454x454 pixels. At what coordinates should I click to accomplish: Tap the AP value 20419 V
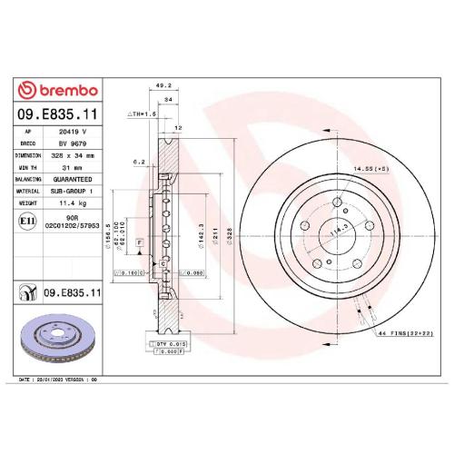[x=72, y=133]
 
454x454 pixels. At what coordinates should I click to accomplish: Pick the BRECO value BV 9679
[x=72, y=143]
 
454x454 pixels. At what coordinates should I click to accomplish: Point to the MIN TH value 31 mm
[x=71, y=167]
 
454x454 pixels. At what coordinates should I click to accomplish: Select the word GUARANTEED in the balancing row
[x=75, y=179]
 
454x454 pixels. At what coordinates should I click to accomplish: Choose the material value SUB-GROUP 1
[x=75, y=191]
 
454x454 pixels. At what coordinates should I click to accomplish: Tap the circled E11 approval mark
[x=28, y=221]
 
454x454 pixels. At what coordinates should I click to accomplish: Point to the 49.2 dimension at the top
[x=164, y=86]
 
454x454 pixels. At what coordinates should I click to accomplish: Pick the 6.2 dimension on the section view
[x=139, y=163]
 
